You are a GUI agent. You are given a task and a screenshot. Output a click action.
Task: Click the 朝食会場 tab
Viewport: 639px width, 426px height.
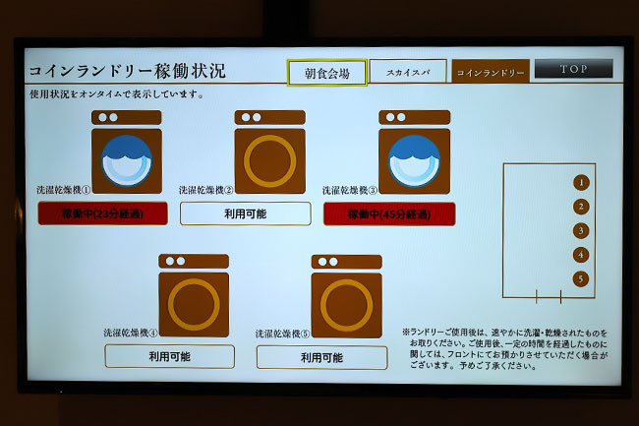pyautogui.click(x=326, y=73)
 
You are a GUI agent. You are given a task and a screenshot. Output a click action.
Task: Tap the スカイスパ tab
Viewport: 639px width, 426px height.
pyautogui.click(x=408, y=72)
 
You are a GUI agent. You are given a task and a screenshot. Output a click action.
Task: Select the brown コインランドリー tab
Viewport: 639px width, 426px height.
pyautogui.click(x=491, y=72)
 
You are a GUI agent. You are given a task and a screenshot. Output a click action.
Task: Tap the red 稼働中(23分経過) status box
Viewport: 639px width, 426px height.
pyautogui.click(x=102, y=213)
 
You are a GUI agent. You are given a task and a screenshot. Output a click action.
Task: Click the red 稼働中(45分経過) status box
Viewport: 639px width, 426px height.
pyautogui.click(x=389, y=213)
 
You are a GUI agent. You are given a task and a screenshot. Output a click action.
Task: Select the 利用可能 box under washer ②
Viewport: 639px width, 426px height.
pyautogui.click(x=245, y=213)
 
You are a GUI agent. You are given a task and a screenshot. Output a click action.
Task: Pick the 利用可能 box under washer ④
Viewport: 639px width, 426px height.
pyautogui.click(x=169, y=356)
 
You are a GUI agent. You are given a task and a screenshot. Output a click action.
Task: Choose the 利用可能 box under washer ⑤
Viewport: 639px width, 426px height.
pyautogui.click(x=321, y=357)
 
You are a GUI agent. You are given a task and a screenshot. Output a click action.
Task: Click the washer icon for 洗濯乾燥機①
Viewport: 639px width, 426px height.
pyautogui.click(x=126, y=152)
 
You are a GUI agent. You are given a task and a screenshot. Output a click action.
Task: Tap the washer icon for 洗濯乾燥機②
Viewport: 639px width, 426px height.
pyautogui.click(x=269, y=152)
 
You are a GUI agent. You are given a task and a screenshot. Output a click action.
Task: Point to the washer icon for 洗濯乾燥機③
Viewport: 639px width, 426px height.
pyautogui.click(x=414, y=152)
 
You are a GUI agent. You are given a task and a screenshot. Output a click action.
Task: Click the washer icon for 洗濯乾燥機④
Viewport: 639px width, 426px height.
pyautogui.click(x=194, y=296)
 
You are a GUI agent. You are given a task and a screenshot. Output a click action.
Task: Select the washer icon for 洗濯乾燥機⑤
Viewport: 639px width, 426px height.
pyautogui.click(x=346, y=296)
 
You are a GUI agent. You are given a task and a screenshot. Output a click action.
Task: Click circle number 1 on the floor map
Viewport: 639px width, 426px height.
pyautogui.click(x=581, y=182)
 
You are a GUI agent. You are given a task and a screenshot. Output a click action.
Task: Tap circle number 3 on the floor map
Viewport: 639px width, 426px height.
pyautogui.click(x=581, y=230)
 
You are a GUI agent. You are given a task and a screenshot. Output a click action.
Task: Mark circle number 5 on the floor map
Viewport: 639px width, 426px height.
pyautogui.click(x=581, y=278)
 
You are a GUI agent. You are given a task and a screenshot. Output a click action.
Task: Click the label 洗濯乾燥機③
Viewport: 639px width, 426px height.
pyautogui.click(x=352, y=190)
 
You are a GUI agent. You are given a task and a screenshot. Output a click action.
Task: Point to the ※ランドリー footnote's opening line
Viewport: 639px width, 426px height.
pyautogui.click(x=504, y=333)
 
